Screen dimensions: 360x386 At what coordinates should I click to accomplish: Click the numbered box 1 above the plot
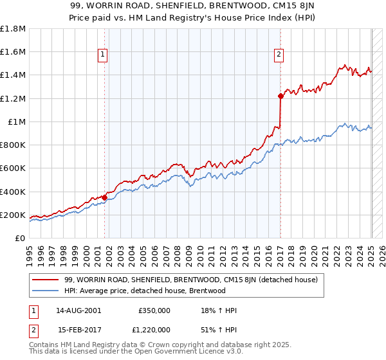[103, 55]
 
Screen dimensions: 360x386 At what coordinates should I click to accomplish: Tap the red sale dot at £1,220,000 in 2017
[280, 96]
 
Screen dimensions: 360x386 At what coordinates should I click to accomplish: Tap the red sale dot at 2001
[105, 197]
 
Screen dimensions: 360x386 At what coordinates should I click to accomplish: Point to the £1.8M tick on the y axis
[13, 29]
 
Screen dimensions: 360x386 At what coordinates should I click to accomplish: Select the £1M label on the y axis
[17, 122]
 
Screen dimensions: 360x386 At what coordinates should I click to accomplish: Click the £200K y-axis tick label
[13, 215]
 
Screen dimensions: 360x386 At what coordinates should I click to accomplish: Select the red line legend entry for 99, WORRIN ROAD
[187, 280]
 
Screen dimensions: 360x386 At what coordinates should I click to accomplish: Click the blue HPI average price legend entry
[145, 291]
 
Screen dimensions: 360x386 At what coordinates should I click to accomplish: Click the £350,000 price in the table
[154, 310]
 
